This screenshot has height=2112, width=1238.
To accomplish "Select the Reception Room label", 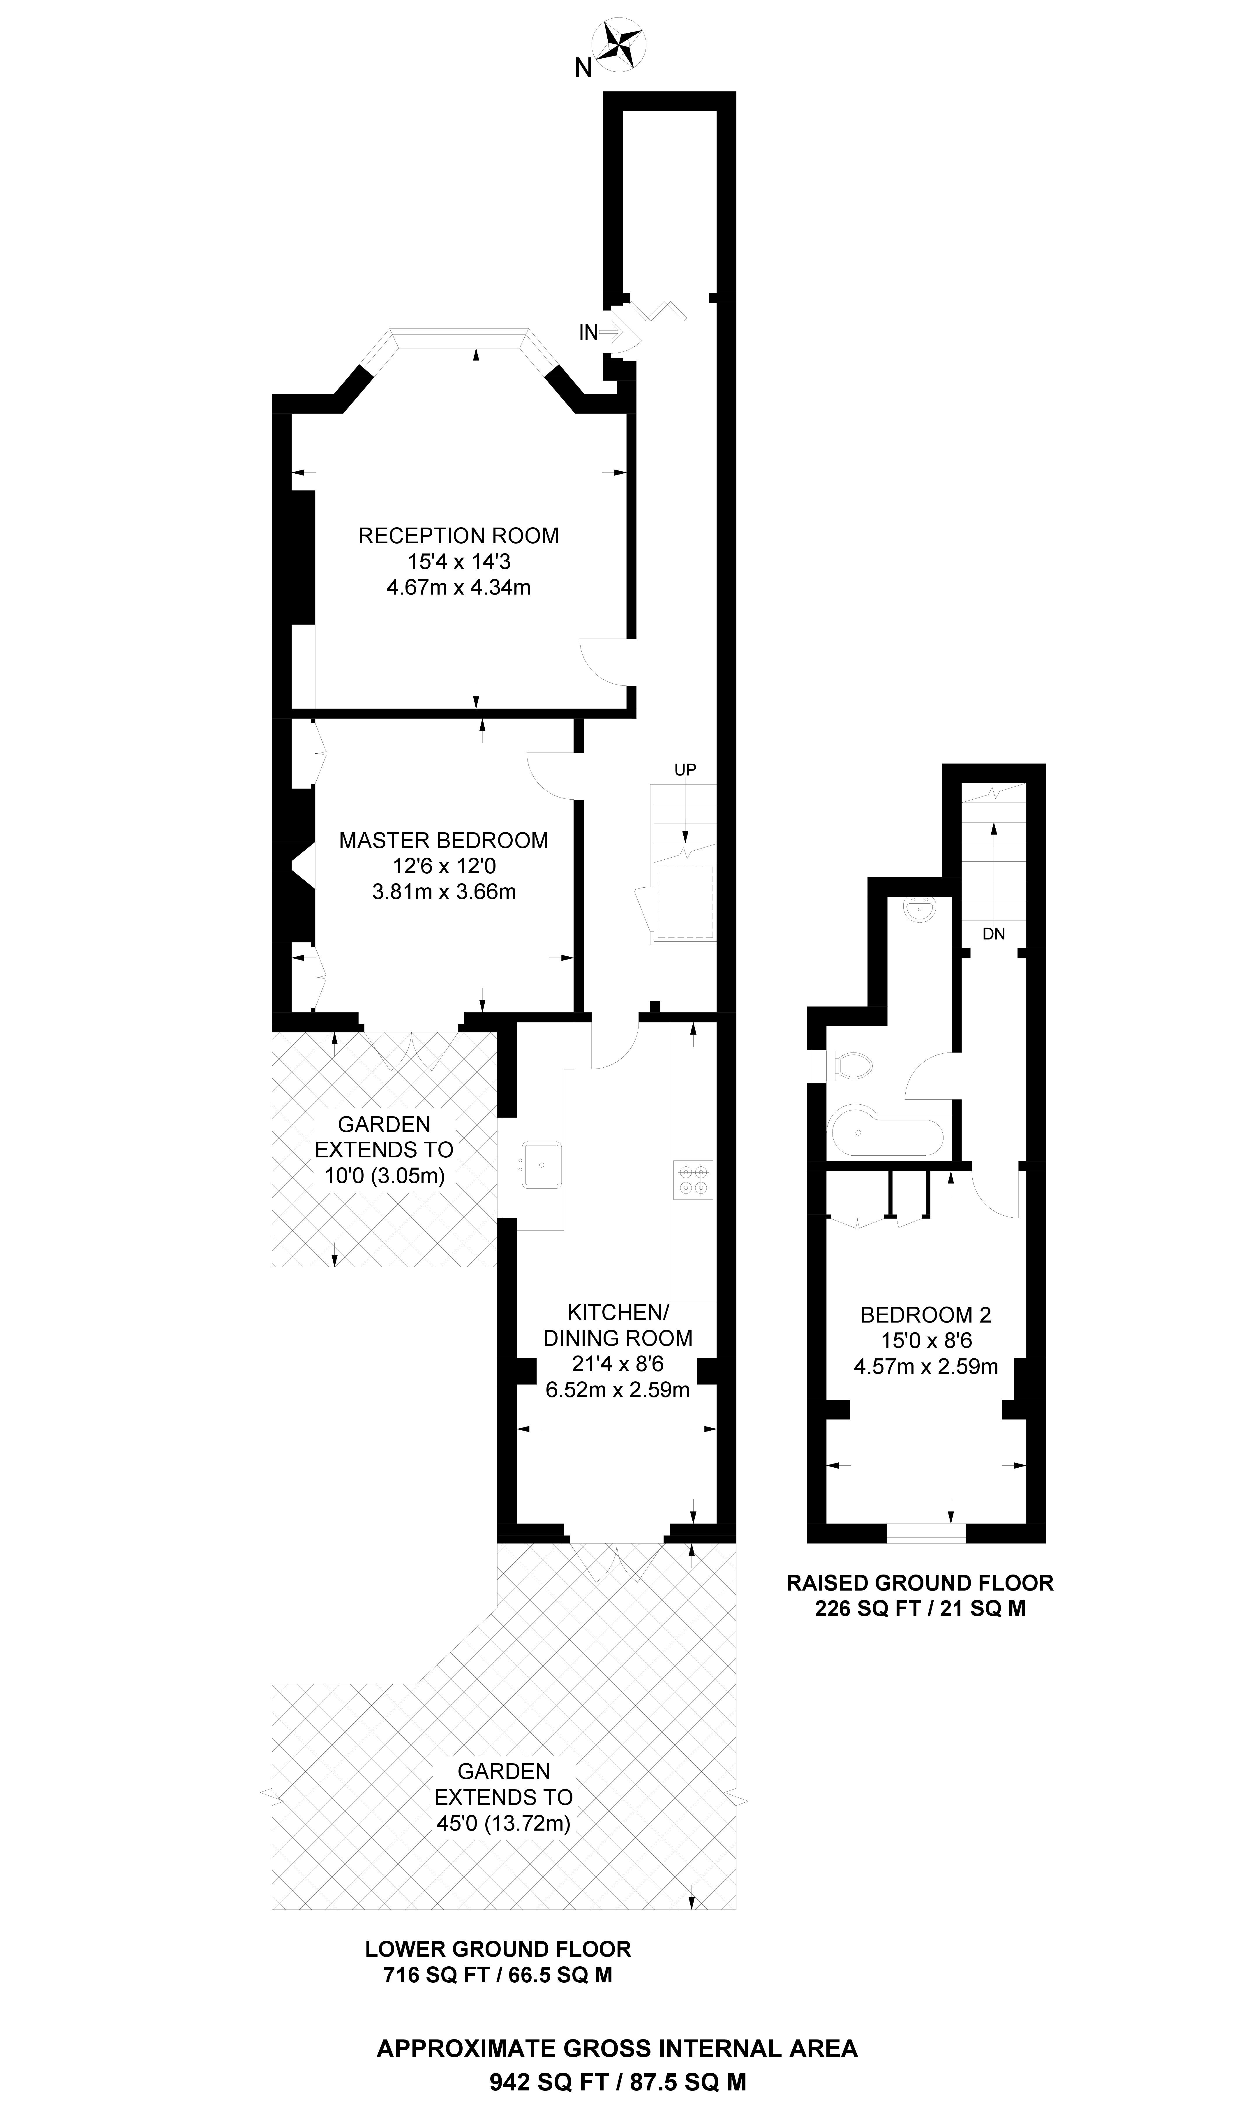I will point(458,535).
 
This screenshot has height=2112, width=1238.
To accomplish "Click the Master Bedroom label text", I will point(443,841).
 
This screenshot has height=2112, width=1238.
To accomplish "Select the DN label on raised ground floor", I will point(993,934).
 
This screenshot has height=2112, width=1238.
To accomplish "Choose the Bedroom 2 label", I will point(925,1315).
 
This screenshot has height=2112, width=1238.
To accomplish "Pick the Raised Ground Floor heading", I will point(920,1583).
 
